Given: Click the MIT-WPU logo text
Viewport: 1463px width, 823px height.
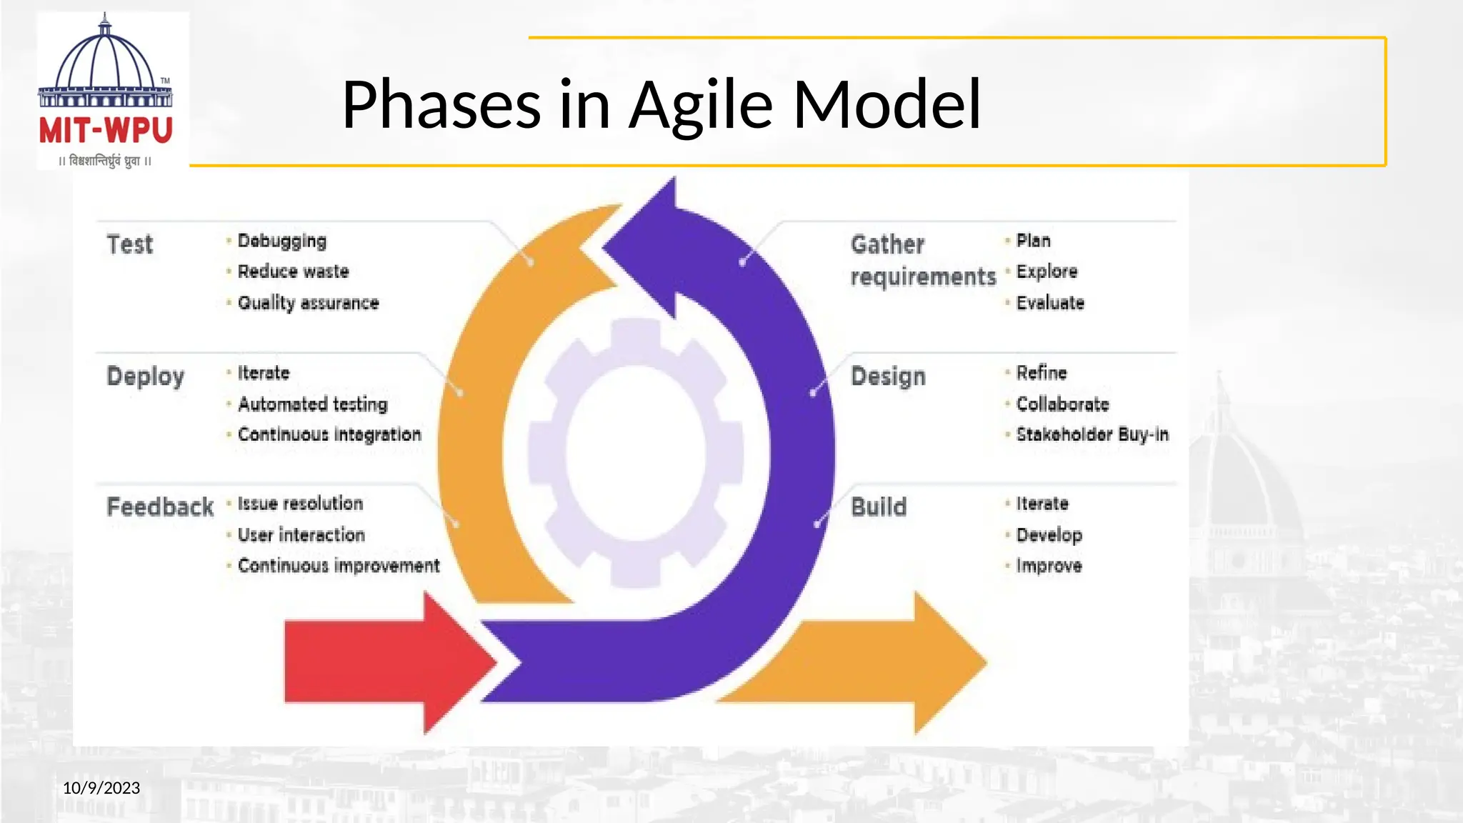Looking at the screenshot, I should pos(106,131).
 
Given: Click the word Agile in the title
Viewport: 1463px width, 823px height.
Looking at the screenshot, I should pos(700,105).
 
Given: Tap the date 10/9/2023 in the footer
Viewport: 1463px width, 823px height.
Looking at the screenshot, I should pos(101,788).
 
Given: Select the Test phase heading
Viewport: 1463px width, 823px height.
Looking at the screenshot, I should pos(130,244).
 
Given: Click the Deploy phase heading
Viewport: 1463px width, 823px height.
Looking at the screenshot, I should pos(146,376).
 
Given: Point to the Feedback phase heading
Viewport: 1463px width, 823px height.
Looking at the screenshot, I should pos(160,507).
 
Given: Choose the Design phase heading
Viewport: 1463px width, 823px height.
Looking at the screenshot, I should pos(888,376).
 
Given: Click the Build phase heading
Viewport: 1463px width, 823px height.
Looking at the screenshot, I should pos(879,507).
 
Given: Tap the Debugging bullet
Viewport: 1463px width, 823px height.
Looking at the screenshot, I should pos(281,241).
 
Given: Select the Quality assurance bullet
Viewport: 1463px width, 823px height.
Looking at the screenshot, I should pos(308,303).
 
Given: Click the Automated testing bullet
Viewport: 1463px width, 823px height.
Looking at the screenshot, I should pos(312,404).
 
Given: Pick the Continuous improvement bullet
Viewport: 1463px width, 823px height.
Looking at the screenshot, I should pos(339,566).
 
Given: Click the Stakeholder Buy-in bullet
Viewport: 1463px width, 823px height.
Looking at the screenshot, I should pos(1092,434).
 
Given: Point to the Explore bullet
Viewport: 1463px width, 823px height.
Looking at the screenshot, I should pos(1047,271).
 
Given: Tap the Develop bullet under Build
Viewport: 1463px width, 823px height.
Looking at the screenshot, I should pos(1049,535).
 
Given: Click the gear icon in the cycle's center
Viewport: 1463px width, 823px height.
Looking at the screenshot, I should pos(636,453).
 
